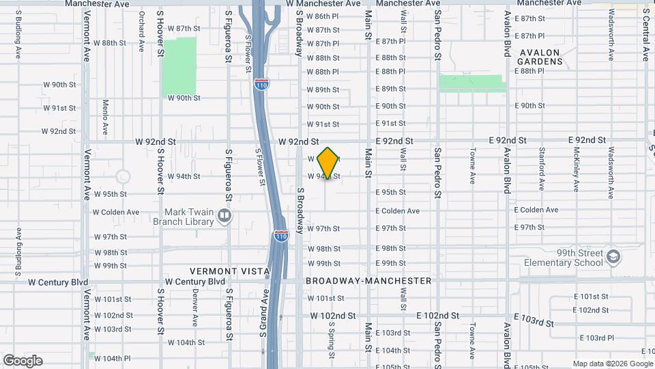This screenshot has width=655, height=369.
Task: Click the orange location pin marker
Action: [328, 163]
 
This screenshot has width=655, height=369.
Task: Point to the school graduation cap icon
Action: [613, 256]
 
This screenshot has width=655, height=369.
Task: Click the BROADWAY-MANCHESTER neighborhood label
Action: [368, 281]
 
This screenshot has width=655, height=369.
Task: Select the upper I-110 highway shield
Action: [261, 84]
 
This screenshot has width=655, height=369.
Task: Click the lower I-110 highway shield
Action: [281, 236]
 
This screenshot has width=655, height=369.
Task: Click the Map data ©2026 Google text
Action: [612, 364]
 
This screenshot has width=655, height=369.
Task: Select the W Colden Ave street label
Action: [115, 212]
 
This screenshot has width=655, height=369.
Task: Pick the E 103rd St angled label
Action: [534, 321]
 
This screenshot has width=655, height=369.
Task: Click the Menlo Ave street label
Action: [105, 116]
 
